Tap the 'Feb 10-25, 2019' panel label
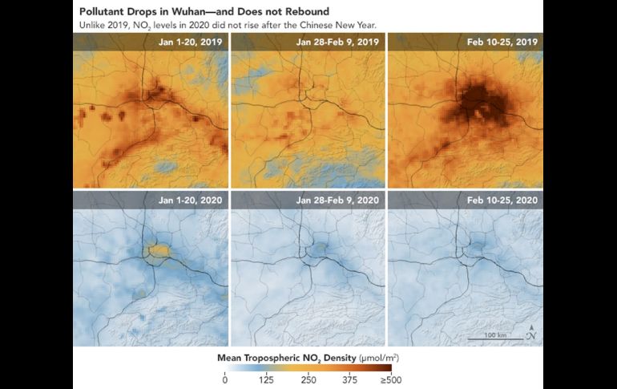[506, 41]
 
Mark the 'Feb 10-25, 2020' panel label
[506, 199]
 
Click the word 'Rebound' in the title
[282, 10]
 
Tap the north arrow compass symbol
[531, 332]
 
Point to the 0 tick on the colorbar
[225, 380]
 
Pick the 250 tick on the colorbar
[308, 380]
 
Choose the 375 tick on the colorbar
[350, 380]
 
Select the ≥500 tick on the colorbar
[389, 380]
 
